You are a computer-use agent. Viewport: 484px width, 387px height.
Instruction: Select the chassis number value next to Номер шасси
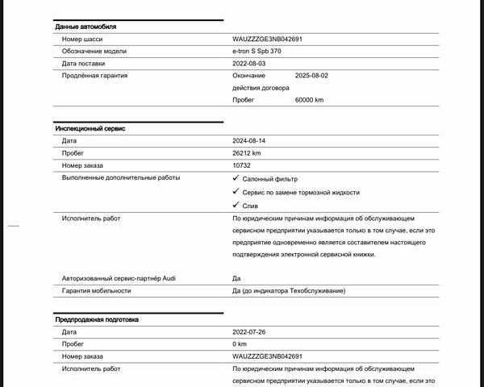point(267,39)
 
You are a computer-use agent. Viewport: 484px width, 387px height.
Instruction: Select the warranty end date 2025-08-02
point(311,75)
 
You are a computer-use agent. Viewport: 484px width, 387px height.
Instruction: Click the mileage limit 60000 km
point(309,100)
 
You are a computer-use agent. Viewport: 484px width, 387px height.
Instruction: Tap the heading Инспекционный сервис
point(90,128)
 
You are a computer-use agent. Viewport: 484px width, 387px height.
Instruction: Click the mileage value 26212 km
point(247,153)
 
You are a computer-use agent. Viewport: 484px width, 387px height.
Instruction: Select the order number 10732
point(241,165)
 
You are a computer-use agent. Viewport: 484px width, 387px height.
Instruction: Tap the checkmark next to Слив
point(236,206)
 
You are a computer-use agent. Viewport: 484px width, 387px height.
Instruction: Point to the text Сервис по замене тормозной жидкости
point(301,193)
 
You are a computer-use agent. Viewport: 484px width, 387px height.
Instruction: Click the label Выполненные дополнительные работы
point(121,177)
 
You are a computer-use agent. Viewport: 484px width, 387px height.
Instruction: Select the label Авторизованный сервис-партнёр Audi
point(118,278)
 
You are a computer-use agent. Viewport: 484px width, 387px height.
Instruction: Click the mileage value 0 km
point(240,343)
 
